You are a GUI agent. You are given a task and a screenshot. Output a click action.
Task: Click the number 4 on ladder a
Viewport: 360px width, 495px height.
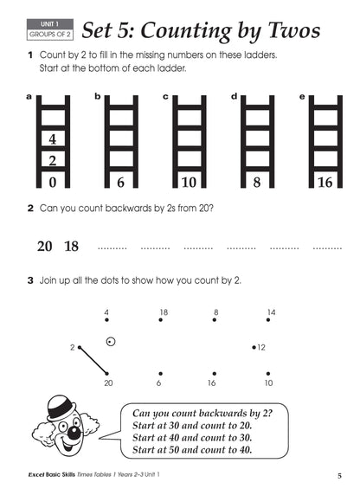click(x=52, y=139)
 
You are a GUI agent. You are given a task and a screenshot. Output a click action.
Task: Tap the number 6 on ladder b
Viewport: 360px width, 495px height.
click(x=120, y=183)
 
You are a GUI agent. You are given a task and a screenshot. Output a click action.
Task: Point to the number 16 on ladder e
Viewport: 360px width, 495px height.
click(x=325, y=183)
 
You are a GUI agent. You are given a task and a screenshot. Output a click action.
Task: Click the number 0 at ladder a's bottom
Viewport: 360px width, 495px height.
click(x=52, y=183)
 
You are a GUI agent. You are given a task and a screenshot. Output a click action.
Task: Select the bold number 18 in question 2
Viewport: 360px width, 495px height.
click(x=71, y=246)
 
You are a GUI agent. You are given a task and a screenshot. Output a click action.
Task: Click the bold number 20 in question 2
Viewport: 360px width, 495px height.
click(x=44, y=246)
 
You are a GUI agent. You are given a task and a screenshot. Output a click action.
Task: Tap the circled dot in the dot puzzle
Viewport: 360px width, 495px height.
click(x=110, y=341)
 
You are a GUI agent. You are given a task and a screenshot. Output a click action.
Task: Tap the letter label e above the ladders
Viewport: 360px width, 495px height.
click(x=301, y=97)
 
